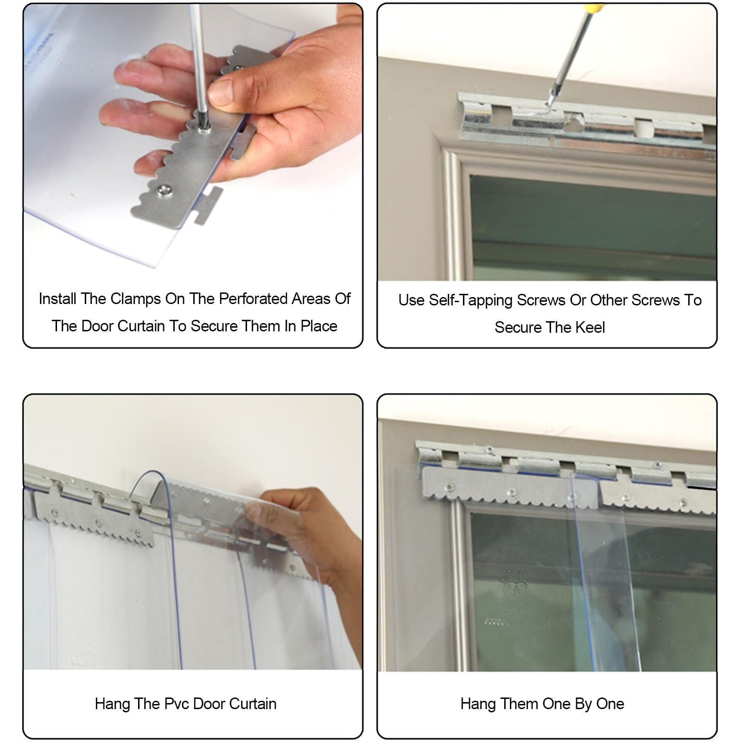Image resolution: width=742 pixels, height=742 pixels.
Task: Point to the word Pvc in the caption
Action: click(x=177, y=704)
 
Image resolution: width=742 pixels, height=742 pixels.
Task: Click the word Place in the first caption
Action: click(x=319, y=326)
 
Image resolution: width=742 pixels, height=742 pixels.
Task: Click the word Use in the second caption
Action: click(x=411, y=300)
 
